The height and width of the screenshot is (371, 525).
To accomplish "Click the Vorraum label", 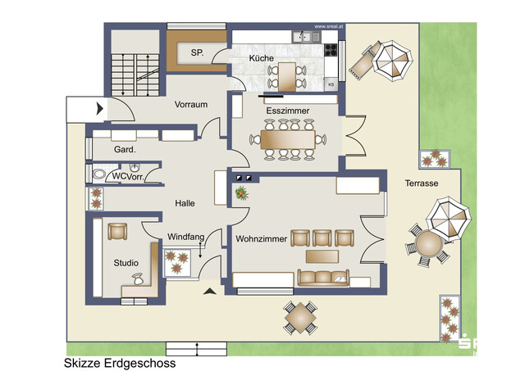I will coord(189,105).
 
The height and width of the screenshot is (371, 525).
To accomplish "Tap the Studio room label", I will coord(126,263).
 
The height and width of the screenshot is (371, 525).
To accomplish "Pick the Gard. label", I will coord(126,150).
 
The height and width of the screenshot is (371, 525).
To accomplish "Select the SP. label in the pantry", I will coord(197,52).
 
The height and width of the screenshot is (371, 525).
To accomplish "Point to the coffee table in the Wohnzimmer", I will coord(323,257).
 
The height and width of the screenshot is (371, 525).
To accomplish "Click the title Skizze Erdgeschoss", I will coord(119,361).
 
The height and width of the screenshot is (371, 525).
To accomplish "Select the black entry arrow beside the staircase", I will coord(99,107).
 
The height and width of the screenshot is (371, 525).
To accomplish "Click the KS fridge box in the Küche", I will coord(331,84).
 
